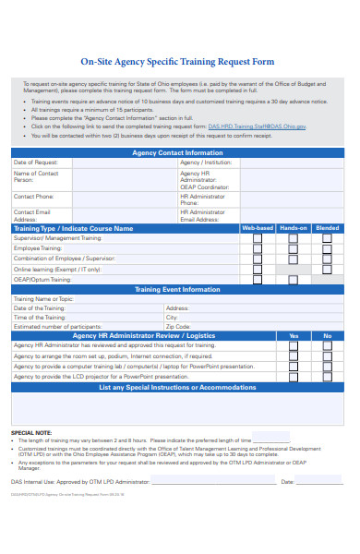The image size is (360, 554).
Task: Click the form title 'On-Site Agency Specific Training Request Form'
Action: (x=178, y=63)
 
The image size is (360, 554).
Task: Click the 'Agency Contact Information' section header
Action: (x=177, y=152)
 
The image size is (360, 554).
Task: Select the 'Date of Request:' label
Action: (x=34, y=162)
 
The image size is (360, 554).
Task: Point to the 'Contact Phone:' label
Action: (x=33, y=197)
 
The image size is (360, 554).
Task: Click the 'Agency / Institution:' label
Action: (x=206, y=162)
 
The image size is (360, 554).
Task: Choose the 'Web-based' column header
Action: (x=257, y=227)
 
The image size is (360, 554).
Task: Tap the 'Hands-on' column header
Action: (x=293, y=227)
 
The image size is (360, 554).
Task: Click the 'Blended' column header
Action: (x=327, y=227)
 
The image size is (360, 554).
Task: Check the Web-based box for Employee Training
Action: (x=258, y=248)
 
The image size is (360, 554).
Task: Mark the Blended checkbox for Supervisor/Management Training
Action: (x=327, y=238)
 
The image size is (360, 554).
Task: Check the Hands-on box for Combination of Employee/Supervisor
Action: (x=293, y=259)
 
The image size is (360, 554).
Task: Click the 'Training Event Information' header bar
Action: (x=177, y=289)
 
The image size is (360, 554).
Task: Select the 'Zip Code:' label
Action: (x=178, y=327)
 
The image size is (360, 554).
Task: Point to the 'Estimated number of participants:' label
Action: (x=57, y=327)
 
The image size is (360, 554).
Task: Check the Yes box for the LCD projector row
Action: (x=293, y=377)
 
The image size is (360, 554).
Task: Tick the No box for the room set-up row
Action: (x=327, y=355)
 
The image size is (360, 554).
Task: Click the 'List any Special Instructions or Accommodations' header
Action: (x=177, y=387)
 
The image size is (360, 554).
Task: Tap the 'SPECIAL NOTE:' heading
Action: (x=31, y=432)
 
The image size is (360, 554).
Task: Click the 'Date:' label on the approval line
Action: (x=287, y=481)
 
